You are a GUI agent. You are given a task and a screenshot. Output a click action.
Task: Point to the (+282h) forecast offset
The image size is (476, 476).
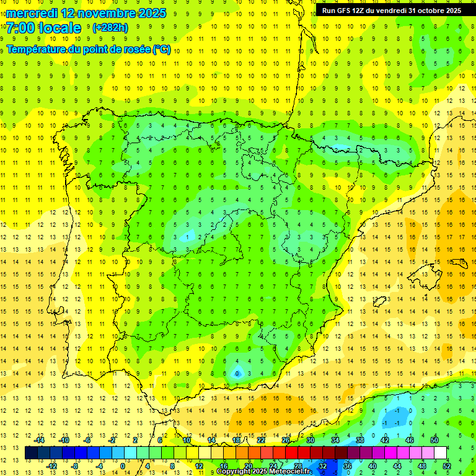coord(110,28)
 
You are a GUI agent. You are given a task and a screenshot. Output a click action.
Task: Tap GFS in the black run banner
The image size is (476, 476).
coord(348,11)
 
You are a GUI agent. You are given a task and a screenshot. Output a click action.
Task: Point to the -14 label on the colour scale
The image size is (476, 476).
coord(40,439)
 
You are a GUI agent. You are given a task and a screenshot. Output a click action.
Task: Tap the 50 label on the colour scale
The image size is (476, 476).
coord(435,439)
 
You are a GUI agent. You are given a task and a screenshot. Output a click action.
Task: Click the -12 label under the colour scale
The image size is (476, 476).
coord(52,465)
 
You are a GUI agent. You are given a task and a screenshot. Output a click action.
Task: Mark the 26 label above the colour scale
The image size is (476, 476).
coord(286,439)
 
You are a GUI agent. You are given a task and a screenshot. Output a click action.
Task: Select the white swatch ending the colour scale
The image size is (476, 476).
coord(441,452)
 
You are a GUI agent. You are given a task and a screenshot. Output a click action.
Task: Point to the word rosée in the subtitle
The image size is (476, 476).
coord(135,50)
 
